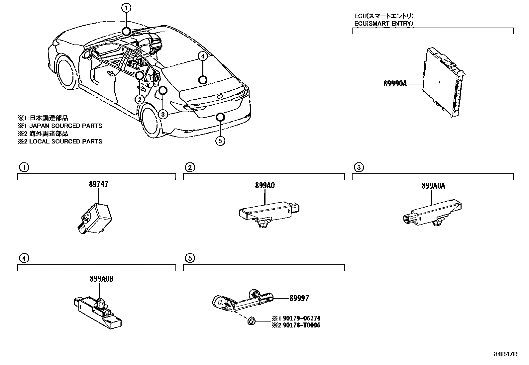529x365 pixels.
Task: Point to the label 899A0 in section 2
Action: [265, 186]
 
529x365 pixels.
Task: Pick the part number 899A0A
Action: [433, 186]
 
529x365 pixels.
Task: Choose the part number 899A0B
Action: [101, 279]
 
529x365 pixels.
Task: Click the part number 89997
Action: [299, 298]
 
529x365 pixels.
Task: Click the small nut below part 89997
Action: [252, 321]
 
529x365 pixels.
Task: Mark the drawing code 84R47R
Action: [505, 354]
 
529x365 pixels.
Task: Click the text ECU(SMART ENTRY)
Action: [384, 23]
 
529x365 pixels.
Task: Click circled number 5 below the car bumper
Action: [220, 141]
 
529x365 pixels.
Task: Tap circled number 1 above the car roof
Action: [126, 7]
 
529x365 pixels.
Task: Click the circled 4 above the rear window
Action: [203, 57]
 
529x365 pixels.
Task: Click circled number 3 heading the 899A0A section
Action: [358, 168]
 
